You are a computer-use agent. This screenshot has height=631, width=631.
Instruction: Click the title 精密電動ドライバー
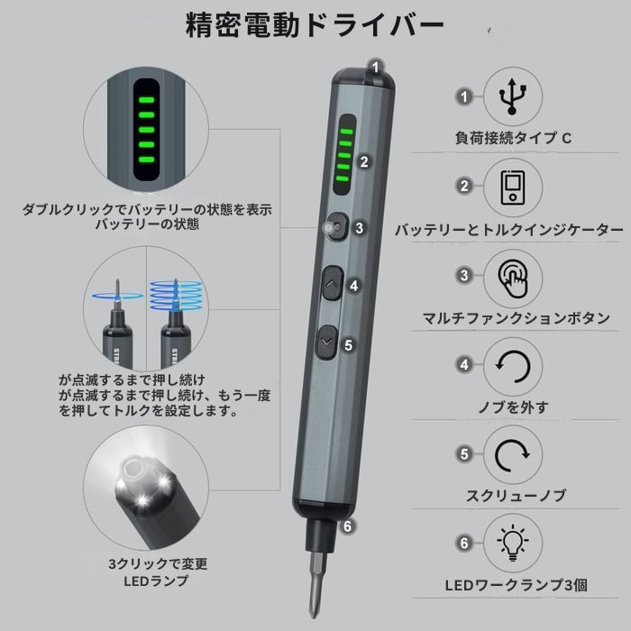[315, 25]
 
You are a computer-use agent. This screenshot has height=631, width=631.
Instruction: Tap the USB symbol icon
[512, 96]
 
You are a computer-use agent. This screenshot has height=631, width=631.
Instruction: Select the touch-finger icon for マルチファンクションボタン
[512, 278]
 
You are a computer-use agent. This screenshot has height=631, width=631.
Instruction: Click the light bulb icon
[513, 543]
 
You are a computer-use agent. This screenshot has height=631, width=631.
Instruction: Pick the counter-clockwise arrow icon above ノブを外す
[513, 366]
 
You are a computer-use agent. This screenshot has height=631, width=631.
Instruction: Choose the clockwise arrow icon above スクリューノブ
[512, 455]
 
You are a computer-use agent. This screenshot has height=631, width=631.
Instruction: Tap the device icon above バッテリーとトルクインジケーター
[513, 187]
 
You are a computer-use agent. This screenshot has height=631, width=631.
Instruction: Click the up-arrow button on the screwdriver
[332, 283]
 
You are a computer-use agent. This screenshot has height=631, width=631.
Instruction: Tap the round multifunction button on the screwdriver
[337, 227]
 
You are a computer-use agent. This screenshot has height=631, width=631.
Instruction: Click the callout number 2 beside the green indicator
[364, 161]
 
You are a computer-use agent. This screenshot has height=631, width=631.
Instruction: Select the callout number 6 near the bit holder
[348, 526]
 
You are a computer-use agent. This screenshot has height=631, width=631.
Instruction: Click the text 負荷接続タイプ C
[513, 139]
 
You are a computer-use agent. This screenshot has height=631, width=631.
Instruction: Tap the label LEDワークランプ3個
[516, 585]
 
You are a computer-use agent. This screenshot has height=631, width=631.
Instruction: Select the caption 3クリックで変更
[158, 563]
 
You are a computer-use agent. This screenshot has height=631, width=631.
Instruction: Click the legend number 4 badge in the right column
[464, 364]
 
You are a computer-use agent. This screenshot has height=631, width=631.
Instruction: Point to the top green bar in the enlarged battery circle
[146, 100]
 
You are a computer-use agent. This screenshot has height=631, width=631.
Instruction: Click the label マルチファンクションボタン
[516, 318]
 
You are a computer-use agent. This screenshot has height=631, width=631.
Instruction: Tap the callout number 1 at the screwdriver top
[376, 67]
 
